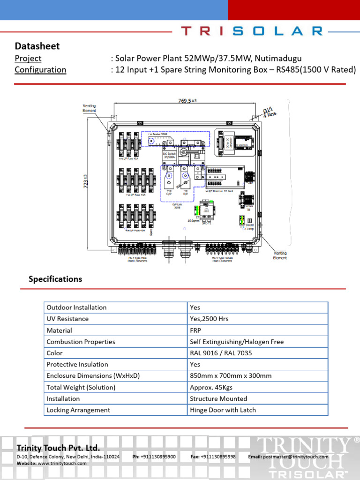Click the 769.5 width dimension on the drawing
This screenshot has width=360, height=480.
(184, 100)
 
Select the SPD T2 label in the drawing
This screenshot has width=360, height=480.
(207, 223)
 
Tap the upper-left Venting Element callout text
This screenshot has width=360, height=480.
(89, 108)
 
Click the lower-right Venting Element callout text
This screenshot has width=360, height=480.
(280, 255)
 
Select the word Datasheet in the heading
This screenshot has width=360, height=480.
(37, 46)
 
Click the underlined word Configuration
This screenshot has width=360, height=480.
(40, 70)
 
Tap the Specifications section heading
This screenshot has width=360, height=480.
(55, 279)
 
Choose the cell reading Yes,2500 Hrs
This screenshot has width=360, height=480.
(209, 319)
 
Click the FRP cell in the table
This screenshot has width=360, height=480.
(195, 330)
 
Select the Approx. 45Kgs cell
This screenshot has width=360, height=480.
(211, 387)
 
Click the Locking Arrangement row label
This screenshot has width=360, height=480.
(78, 410)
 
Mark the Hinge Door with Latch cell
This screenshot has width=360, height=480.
(223, 410)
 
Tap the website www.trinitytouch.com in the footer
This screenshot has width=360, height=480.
(62, 463)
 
